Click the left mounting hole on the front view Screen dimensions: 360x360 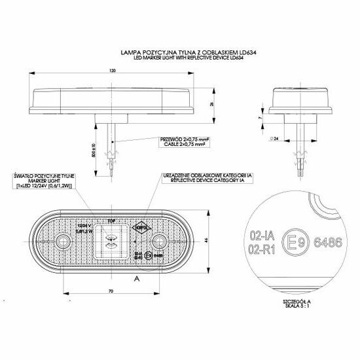(62, 243)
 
